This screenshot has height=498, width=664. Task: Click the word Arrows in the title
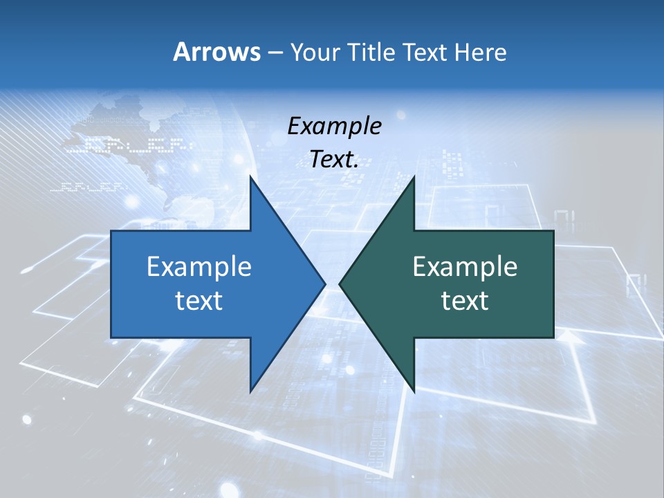point(216,52)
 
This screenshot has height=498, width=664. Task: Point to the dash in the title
point(275,53)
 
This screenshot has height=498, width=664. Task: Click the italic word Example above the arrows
point(334,126)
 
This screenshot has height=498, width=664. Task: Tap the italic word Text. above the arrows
point(334,160)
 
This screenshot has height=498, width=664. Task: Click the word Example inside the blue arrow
point(199,266)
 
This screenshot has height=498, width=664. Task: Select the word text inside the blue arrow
point(199,301)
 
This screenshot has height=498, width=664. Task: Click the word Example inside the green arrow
point(465,266)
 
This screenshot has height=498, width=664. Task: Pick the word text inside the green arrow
point(465,301)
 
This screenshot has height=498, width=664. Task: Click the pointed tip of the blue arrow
point(324,284)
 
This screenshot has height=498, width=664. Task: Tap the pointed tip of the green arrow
point(340,284)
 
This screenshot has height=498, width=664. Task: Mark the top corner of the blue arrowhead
point(250,177)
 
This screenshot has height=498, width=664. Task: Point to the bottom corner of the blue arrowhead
point(250,391)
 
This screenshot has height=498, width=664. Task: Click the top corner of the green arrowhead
point(414,177)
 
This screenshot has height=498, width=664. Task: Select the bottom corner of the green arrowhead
point(414,391)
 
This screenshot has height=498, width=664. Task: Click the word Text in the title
point(425,52)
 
